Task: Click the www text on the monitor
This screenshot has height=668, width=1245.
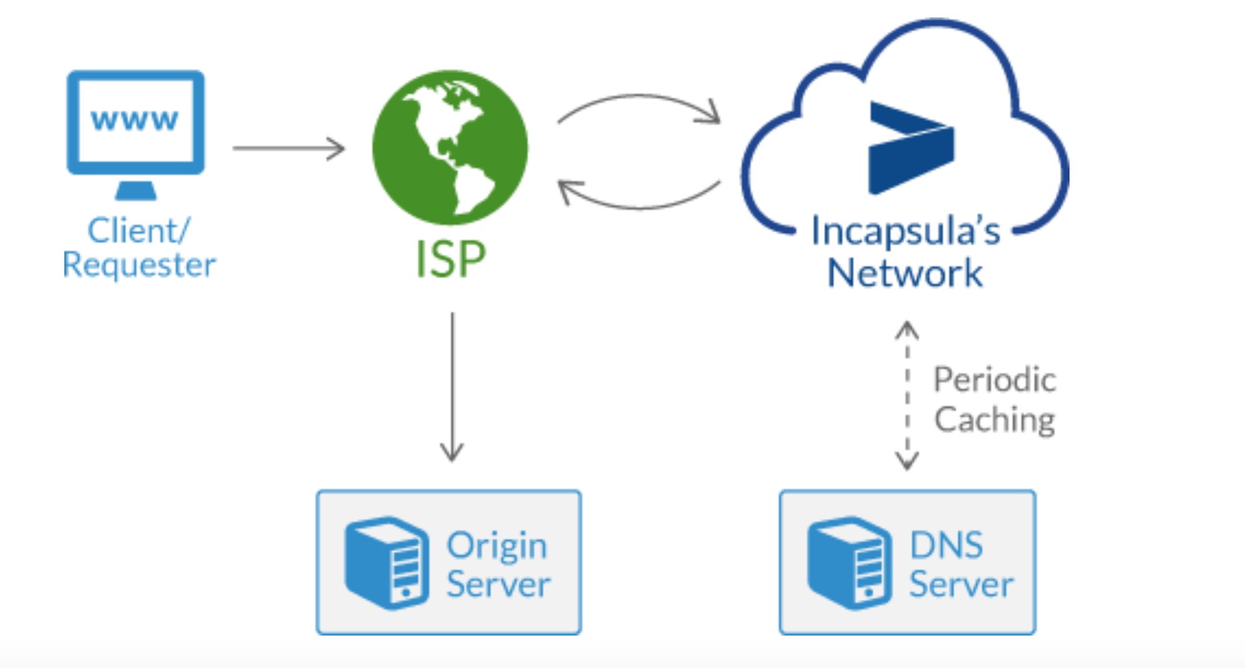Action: click(x=135, y=120)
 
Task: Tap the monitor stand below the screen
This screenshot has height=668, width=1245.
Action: click(x=135, y=190)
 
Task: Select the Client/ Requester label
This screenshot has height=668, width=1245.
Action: click(x=139, y=248)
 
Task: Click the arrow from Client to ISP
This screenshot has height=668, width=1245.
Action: click(x=288, y=148)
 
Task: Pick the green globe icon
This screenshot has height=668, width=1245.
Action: click(x=450, y=147)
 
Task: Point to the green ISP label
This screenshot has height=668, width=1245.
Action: click(x=451, y=259)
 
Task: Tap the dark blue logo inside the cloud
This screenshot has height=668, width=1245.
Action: click(x=911, y=148)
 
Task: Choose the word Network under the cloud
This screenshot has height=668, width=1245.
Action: click(x=905, y=273)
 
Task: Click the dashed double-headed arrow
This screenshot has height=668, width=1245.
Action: click(x=907, y=395)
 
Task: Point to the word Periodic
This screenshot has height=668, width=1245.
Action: click(x=995, y=380)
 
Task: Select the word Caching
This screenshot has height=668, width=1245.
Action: click(x=995, y=420)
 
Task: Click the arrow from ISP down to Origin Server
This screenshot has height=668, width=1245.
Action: click(x=452, y=387)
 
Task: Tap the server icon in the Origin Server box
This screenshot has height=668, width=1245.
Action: click(x=387, y=562)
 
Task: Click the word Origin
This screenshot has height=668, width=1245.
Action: click(x=497, y=547)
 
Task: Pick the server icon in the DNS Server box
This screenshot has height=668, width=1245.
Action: click(x=850, y=562)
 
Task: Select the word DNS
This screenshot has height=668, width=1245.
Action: click(x=947, y=545)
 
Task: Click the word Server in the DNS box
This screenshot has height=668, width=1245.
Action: click(x=962, y=584)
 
